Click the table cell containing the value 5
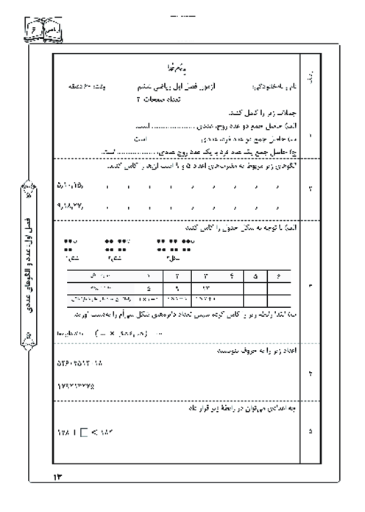pyautogui.click(x=149, y=289)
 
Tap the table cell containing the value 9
pyautogui.click(x=177, y=289)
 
